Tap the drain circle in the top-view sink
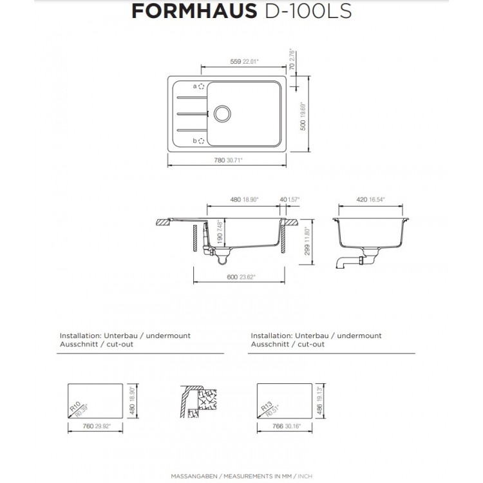click(x=223, y=114)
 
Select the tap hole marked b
click(x=201, y=140)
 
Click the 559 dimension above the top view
click(x=236, y=62)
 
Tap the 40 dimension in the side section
click(x=284, y=200)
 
